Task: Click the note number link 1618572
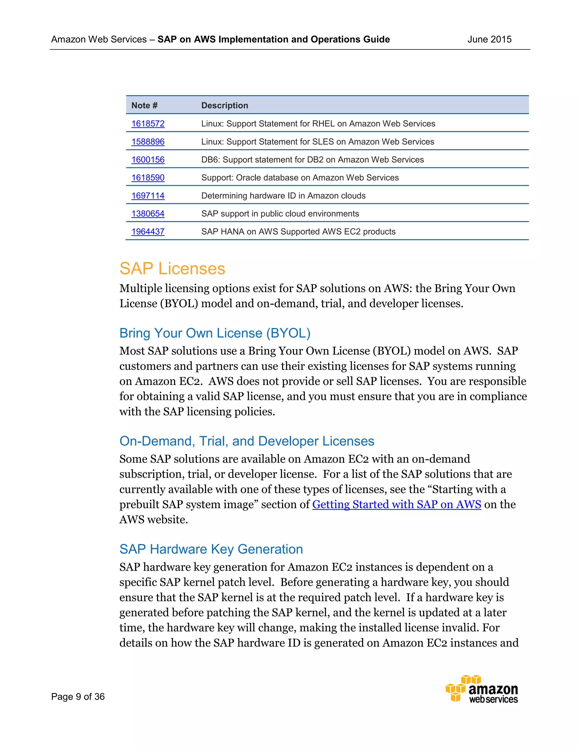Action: click(x=148, y=124)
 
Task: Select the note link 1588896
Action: click(x=148, y=142)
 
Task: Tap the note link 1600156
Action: click(x=148, y=160)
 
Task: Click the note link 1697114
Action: click(x=148, y=196)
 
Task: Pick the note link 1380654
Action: click(x=148, y=214)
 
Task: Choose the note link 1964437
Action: click(x=148, y=232)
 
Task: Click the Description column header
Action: click(x=224, y=106)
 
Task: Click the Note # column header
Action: click(x=144, y=106)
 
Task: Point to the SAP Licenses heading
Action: click(x=172, y=269)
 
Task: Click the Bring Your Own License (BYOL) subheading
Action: click(x=215, y=333)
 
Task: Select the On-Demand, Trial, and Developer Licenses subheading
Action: click(x=246, y=441)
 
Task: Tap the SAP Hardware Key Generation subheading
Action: click(x=211, y=549)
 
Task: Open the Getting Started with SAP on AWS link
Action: click(x=396, y=504)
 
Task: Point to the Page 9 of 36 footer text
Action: click(x=78, y=697)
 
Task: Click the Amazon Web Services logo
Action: click(x=482, y=689)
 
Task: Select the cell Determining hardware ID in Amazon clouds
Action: click(x=283, y=196)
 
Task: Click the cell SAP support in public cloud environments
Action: click(x=280, y=214)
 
